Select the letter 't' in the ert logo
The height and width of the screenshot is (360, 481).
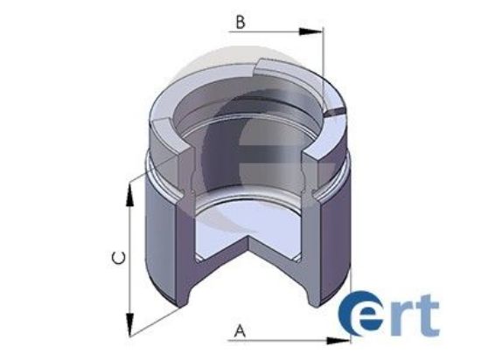click(x=429, y=315)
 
